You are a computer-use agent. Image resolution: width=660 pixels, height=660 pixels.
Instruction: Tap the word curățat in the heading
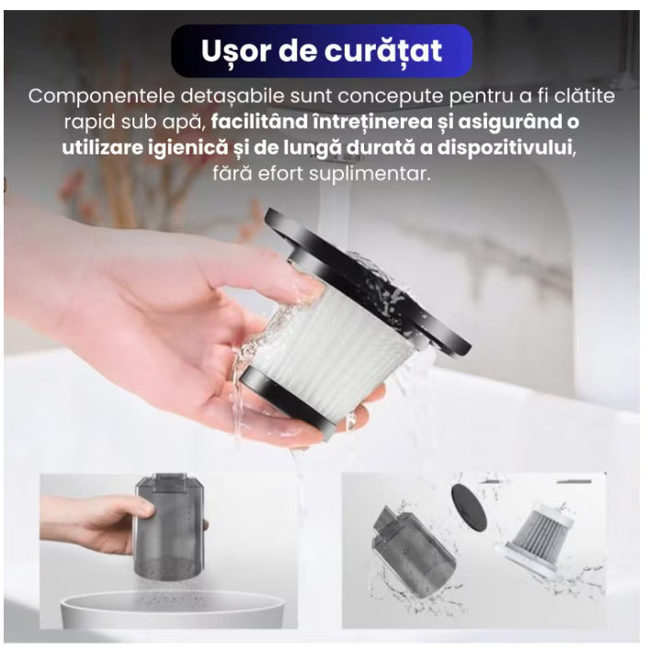(x=385, y=51)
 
